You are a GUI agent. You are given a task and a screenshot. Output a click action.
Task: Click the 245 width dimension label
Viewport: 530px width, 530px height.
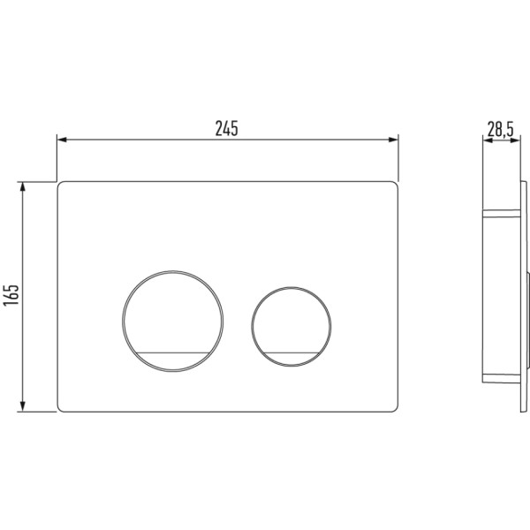click(227, 128)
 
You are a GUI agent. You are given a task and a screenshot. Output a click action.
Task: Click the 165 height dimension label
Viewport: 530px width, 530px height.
click(11, 295)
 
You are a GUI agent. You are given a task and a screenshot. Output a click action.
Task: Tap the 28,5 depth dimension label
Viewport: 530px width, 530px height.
click(500, 130)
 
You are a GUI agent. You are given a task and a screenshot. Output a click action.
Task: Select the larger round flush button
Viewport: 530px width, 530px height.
click(173, 322)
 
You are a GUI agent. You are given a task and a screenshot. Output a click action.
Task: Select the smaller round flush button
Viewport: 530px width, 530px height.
click(291, 327)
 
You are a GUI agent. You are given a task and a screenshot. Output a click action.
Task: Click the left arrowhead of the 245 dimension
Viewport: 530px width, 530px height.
click(62, 140)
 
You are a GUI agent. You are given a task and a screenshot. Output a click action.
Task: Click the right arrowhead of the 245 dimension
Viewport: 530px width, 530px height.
click(393, 140)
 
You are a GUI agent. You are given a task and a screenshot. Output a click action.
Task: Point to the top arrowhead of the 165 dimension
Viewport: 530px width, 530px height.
click(23, 187)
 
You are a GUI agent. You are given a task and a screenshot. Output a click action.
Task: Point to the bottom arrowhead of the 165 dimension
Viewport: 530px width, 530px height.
click(23, 406)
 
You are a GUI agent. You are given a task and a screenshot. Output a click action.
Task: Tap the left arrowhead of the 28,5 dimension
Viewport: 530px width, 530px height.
click(487, 140)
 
